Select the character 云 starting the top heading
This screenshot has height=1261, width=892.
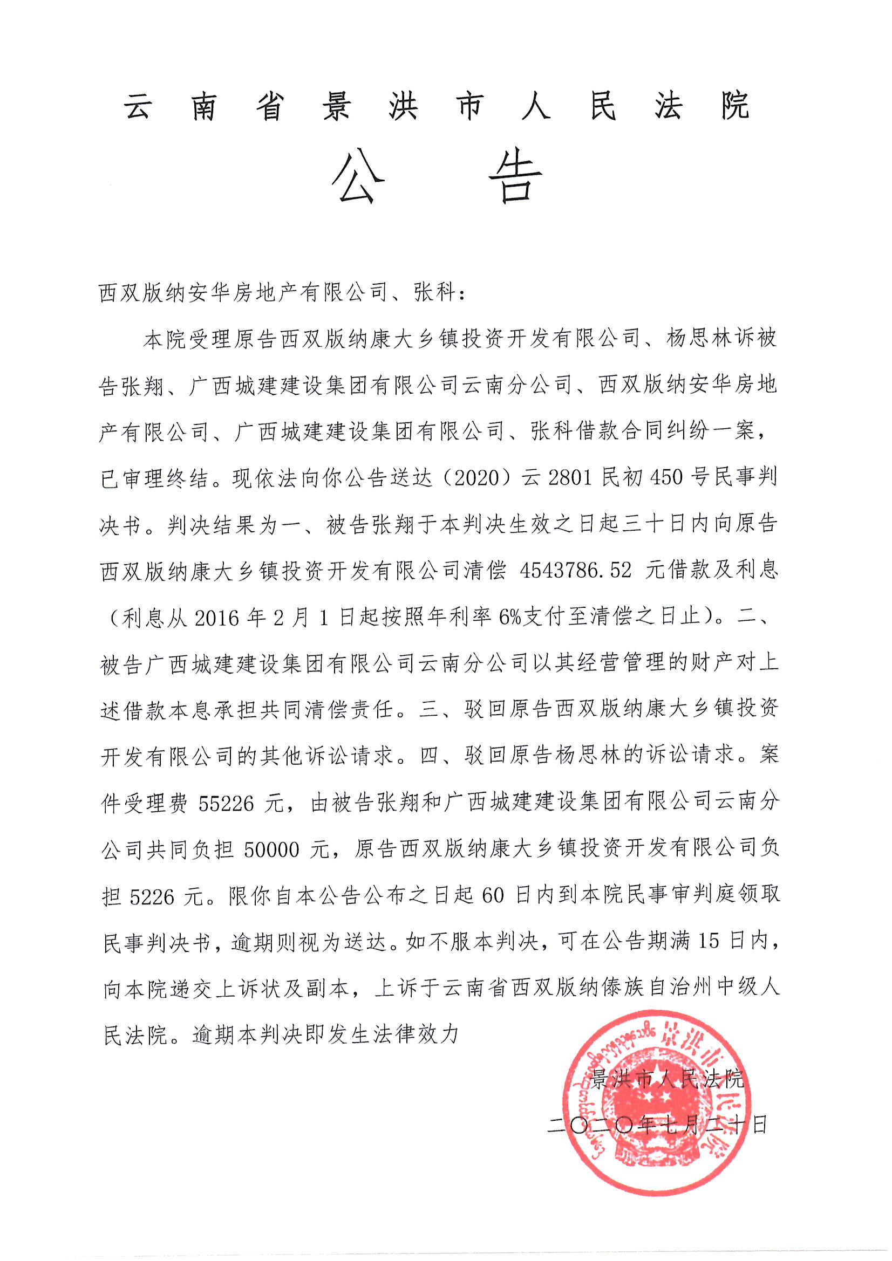pos(139,106)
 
